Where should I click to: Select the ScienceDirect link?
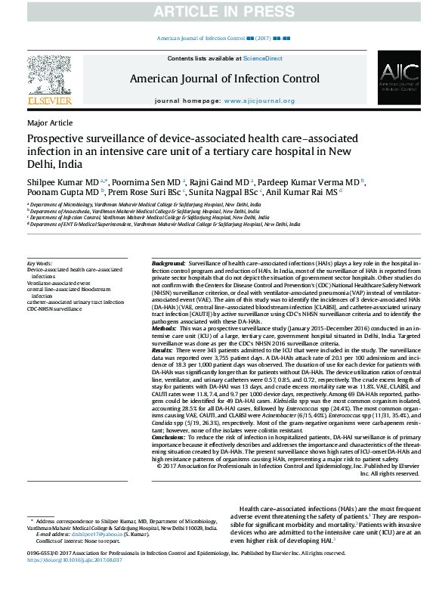[263, 58]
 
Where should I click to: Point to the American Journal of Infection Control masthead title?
[224, 79]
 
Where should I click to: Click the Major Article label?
[50, 122]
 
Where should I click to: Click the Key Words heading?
[40, 262]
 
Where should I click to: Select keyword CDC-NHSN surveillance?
[54, 309]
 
